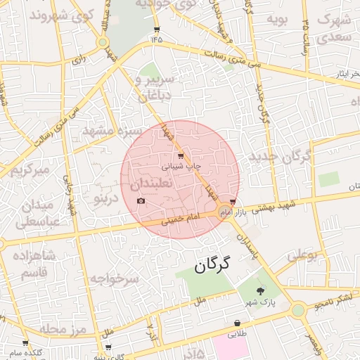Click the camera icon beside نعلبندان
(141, 201)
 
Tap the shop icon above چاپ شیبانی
(181, 155)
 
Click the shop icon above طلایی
(238, 323)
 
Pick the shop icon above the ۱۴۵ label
(156, 30)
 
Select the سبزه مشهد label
(112, 131)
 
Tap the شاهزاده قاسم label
(34, 263)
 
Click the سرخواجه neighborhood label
(115, 278)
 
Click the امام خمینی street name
(181, 219)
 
